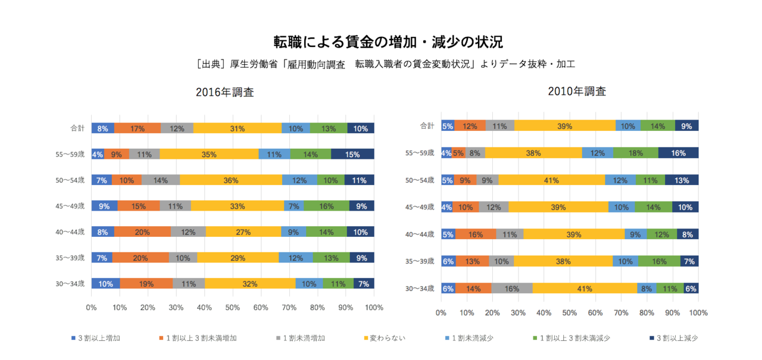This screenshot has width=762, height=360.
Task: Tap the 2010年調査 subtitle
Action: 577,91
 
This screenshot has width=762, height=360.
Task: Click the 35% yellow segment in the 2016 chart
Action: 209,155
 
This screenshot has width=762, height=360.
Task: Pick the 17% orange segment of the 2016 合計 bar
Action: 137,128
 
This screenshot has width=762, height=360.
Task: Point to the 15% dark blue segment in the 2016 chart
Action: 352,155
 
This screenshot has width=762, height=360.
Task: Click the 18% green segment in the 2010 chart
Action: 636,153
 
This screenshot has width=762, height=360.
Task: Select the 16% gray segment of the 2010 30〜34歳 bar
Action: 511,289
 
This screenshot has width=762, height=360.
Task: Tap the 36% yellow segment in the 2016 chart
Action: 230,180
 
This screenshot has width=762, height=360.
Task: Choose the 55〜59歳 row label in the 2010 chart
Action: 421,153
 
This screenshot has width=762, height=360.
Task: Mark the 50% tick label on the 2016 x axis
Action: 232,308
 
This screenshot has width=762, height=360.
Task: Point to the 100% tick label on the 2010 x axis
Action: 698,312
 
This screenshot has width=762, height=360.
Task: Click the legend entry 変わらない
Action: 388,338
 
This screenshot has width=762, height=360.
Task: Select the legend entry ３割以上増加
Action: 99,338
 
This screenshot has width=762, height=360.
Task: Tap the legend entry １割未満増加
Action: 304,338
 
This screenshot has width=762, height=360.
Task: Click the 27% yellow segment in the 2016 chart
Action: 243,232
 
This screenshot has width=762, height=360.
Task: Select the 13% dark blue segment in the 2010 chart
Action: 681,180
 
